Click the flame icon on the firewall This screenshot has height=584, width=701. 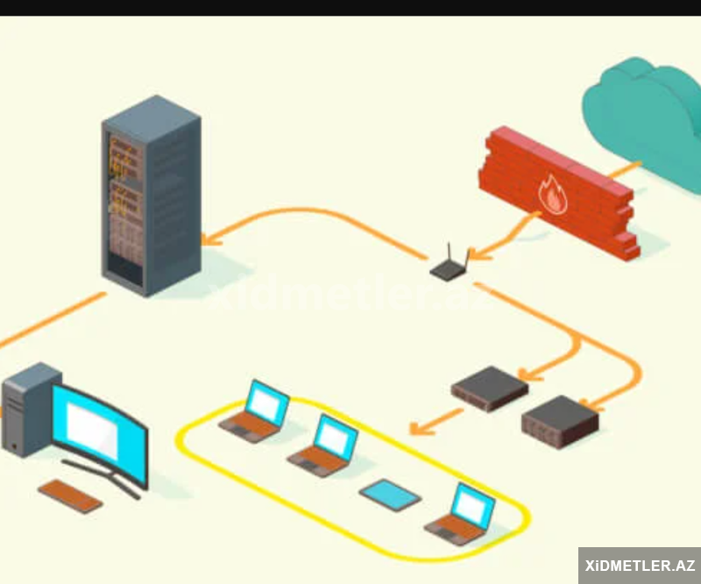click(553, 196)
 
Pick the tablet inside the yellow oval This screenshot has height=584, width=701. click(390, 495)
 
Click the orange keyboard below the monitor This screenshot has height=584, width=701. click(70, 495)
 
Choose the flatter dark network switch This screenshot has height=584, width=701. click(489, 388)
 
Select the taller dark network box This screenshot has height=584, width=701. click(560, 422)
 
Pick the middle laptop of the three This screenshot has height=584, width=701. click(324, 447)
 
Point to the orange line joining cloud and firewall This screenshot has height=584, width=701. click(624, 170)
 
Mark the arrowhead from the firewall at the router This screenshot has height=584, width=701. click(480, 254)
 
